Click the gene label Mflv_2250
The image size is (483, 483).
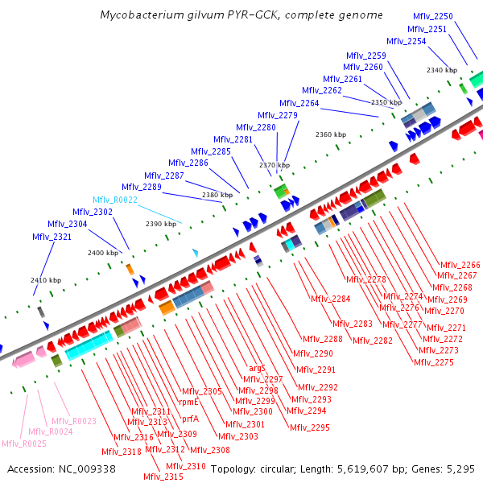point(432,16)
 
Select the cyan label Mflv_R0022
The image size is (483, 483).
point(115,199)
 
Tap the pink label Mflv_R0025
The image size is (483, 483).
point(23,444)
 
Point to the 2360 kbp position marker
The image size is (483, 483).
point(330,134)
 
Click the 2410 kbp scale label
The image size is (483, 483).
point(46,280)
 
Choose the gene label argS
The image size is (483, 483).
point(257,368)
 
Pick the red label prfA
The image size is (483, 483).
point(190,419)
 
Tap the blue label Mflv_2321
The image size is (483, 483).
point(52,237)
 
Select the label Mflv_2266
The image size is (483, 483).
point(460,265)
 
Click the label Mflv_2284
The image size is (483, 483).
point(330,299)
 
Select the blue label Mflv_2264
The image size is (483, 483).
point(299,103)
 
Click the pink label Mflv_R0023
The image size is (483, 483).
point(73,421)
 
